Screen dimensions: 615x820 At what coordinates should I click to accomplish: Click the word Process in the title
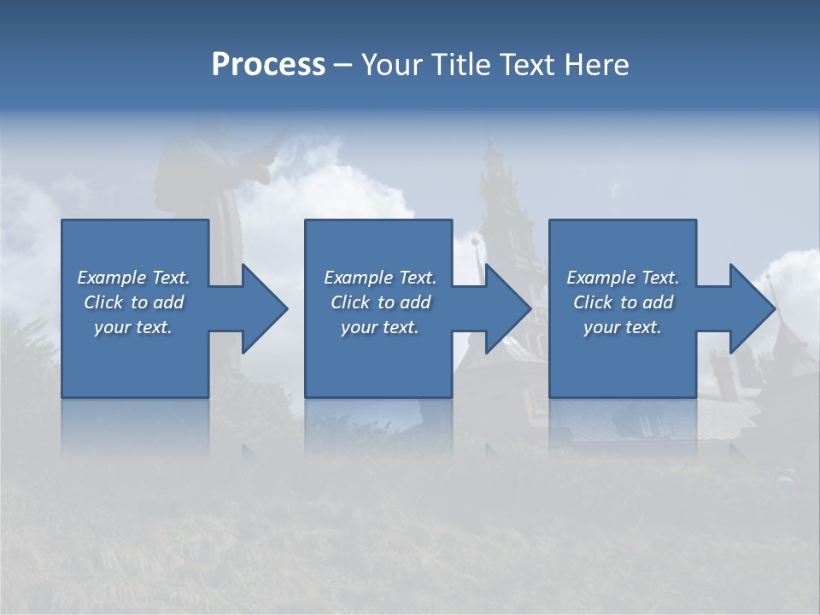click(268, 65)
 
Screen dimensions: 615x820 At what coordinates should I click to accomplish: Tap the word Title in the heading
click(460, 65)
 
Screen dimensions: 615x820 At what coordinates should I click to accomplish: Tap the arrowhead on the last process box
click(751, 308)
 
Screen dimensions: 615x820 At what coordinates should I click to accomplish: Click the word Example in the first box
click(112, 278)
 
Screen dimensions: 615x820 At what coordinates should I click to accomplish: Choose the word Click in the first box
click(104, 302)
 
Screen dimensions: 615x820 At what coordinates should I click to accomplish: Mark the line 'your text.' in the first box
click(133, 327)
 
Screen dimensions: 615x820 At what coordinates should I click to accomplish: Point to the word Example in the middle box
click(359, 278)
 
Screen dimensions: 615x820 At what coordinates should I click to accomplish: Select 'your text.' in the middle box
click(379, 327)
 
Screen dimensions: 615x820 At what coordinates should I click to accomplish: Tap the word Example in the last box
click(601, 278)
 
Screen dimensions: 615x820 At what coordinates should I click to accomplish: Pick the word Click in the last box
click(594, 302)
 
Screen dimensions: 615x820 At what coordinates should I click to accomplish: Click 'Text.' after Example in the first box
click(171, 278)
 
